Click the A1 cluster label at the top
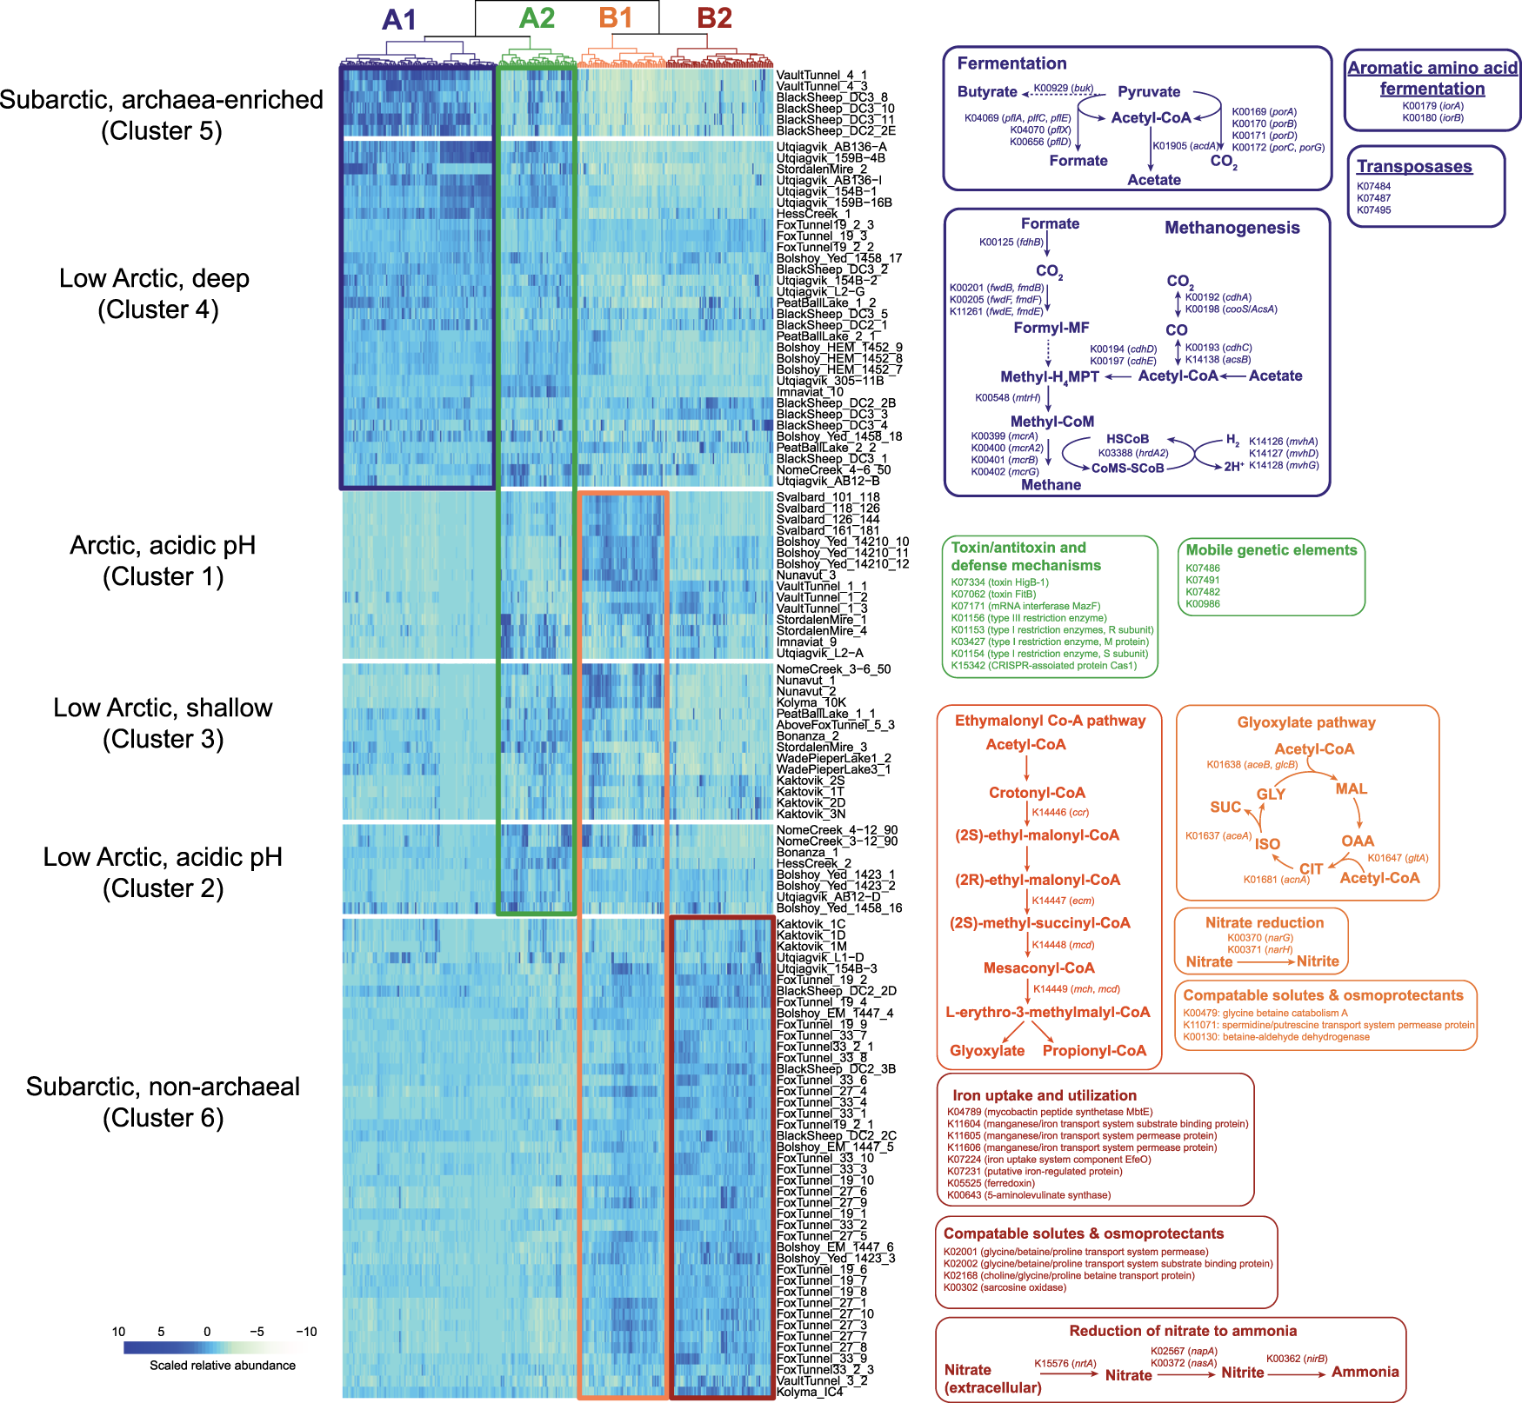coord(399,19)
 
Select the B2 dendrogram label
coord(714,17)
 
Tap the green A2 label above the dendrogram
coord(537,17)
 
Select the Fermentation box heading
coord(1011,63)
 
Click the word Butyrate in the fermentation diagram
coord(987,92)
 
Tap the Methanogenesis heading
coord(1232,228)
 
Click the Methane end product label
coord(1051,485)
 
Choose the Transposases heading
coord(1414,166)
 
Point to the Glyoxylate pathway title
coord(1306,722)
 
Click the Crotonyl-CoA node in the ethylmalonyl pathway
coord(1037,793)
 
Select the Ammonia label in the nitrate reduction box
coord(1365,1372)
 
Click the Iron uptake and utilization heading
coord(1044,1095)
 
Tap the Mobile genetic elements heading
coord(1271,550)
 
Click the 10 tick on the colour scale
coord(119,1332)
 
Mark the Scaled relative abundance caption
coord(223,1366)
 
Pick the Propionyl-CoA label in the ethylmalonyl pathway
coord(1094,1051)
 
